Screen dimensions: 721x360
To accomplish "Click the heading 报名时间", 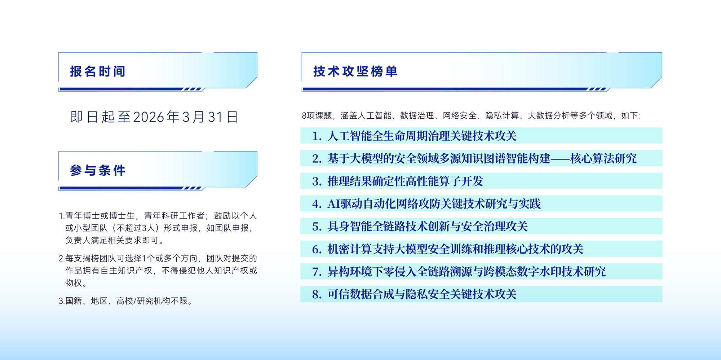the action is pos(98,71).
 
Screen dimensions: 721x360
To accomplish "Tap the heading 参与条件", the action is pos(98,170).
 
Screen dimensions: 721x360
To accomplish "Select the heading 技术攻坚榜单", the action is pos(355,71).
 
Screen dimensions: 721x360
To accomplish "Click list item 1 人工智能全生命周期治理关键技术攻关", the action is pos(414,136).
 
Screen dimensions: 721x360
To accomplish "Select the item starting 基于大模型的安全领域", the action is pos(474,158).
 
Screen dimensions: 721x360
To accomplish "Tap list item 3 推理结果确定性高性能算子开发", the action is pos(398,181).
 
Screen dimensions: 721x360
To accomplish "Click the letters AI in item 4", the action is pos(333,204).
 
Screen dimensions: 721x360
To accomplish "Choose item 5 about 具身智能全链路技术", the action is pos(420,227).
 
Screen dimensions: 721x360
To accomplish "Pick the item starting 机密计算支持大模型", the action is pos(448,249).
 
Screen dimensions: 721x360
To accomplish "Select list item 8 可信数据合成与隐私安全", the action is pos(414,294).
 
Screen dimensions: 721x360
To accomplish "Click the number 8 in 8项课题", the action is pos(304,116).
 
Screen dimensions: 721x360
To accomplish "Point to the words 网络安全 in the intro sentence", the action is pos(460,116).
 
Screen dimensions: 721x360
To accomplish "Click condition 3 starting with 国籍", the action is pos(126,301).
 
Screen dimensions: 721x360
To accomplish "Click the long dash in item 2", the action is pos(560,158).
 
